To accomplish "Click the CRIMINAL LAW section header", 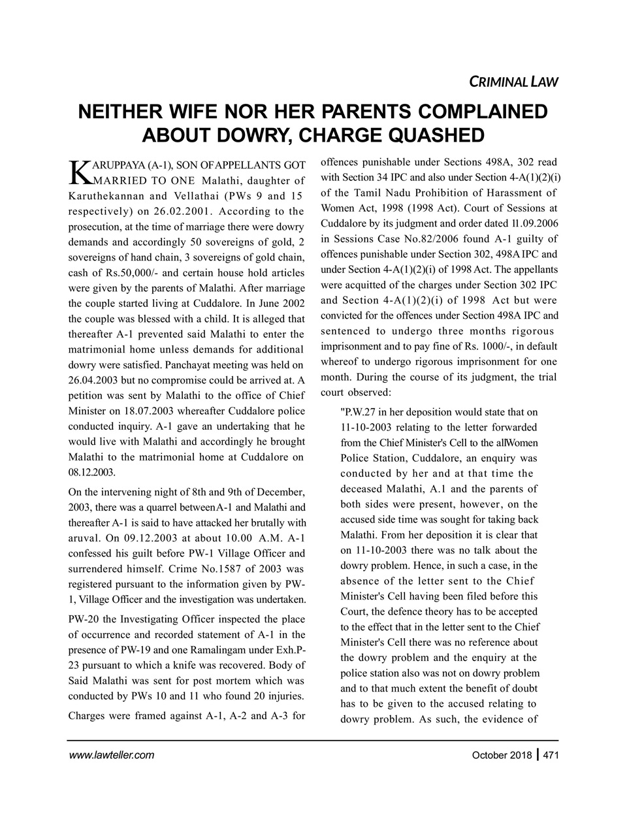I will point(513,82).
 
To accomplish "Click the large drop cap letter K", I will point(79,170).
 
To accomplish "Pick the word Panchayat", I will point(192,366).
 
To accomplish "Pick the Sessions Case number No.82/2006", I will point(439,238).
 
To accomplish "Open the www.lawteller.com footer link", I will point(111,756).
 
